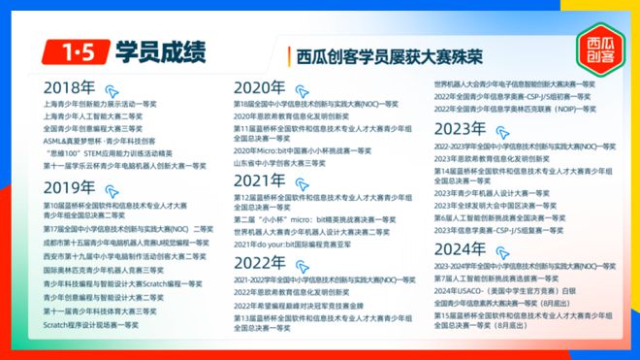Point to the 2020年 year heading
pyautogui.click(x=260, y=86)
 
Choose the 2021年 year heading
pyautogui.click(x=260, y=180)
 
